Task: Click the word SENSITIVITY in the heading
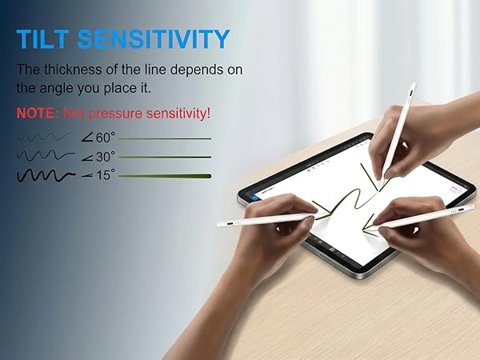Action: tap(158, 38)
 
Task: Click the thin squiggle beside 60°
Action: tap(45, 138)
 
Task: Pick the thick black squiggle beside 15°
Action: tap(46, 174)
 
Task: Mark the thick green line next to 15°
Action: tap(165, 175)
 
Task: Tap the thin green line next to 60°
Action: tap(165, 139)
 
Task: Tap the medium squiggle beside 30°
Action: tap(46, 156)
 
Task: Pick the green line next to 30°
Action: tap(165, 157)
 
